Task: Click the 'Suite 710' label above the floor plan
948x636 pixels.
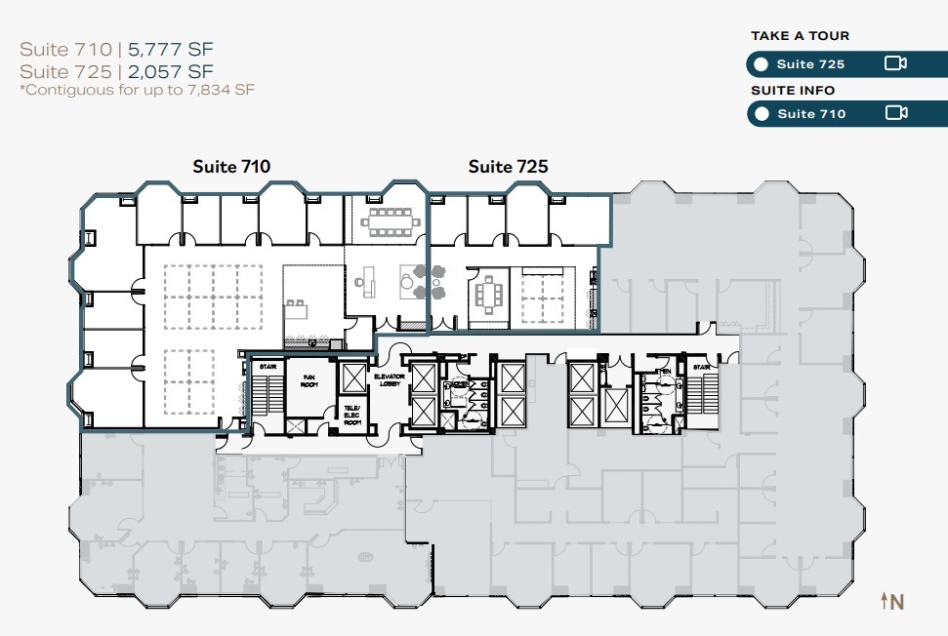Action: (x=231, y=167)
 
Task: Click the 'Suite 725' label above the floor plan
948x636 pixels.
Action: (x=508, y=167)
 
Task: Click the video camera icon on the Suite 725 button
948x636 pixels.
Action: (x=895, y=64)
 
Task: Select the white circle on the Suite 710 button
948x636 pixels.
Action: (x=762, y=114)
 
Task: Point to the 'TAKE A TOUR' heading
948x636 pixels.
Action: (x=800, y=36)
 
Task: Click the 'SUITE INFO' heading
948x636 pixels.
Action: (x=793, y=91)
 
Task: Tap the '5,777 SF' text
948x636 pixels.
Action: (x=173, y=49)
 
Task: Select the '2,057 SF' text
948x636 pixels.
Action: (x=172, y=71)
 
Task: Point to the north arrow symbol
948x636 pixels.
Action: (x=892, y=602)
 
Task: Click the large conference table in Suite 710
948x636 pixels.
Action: (x=387, y=222)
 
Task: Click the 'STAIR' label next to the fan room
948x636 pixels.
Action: (x=267, y=368)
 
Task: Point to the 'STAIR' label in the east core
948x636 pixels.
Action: (x=702, y=368)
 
